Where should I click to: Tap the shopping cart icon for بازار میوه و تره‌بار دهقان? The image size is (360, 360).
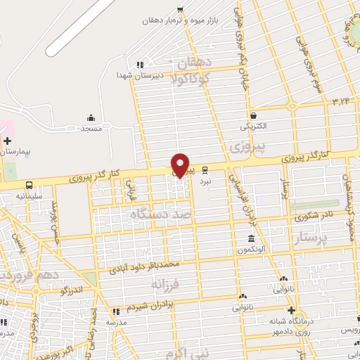click(181, 10)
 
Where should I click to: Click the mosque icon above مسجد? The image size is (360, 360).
click(91, 118)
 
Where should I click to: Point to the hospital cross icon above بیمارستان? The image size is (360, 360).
click(7, 141)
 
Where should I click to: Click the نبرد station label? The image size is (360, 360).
click(205, 180)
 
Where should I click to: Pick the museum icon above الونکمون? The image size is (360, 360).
click(251, 240)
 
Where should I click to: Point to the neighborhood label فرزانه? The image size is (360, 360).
click(165, 284)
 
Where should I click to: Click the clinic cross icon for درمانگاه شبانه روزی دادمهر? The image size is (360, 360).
click(291, 310)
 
